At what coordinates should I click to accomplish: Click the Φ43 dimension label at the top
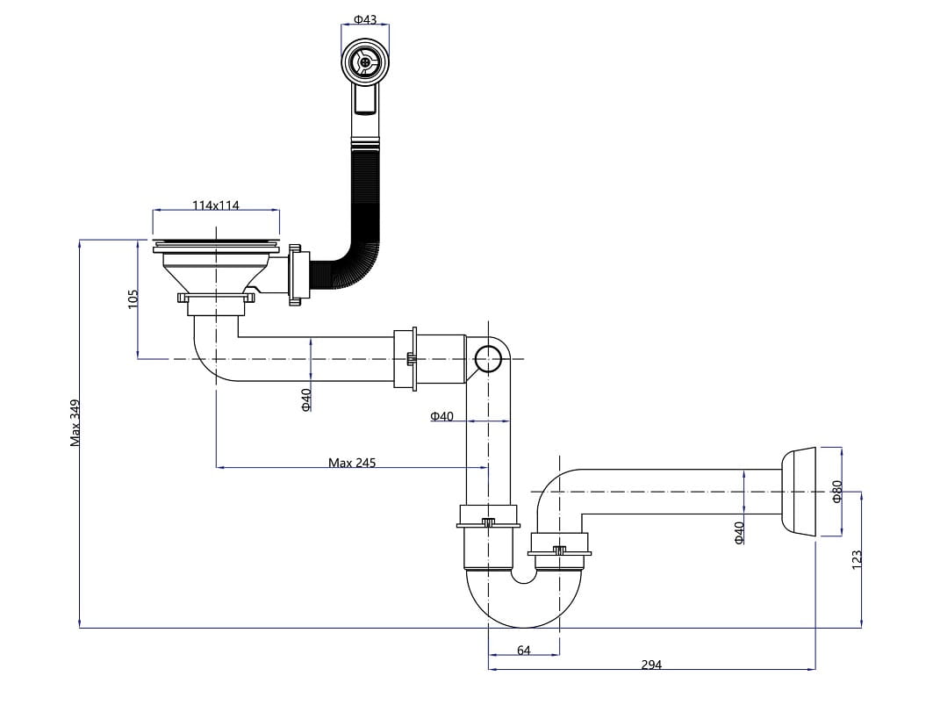click(365, 18)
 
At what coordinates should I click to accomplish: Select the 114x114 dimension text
click(216, 205)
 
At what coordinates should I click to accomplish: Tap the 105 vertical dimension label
click(133, 298)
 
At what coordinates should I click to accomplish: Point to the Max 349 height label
click(75, 423)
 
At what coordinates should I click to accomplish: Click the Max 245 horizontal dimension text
click(352, 462)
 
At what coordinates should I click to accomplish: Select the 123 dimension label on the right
click(857, 559)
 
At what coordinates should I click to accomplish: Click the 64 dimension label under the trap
click(523, 651)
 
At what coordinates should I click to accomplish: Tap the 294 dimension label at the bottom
click(650, 665)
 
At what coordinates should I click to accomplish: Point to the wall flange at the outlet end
click(800, 491)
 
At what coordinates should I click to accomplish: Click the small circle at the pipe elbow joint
click(488, 358)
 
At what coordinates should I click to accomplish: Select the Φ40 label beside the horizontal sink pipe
click(305, 399)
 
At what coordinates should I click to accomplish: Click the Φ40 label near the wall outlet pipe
click(739, 533)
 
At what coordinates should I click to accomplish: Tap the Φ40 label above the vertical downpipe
click(441, 416)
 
